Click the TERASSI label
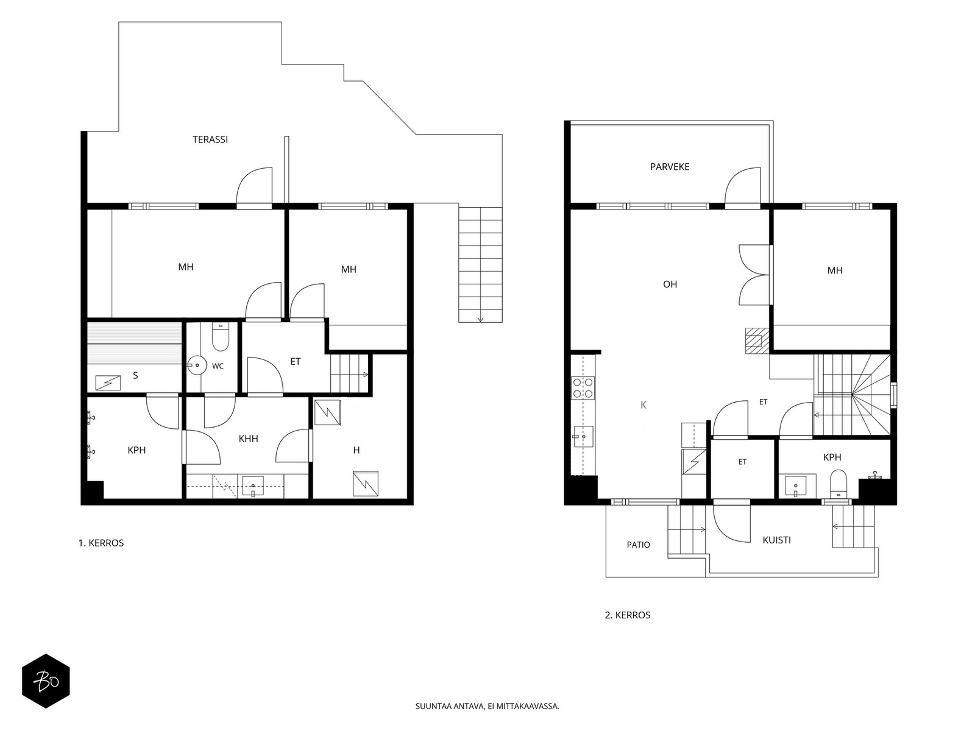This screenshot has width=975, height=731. [x=210, y=139]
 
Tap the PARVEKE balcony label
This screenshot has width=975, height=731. [x=669, y=167]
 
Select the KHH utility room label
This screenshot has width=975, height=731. [x=248, y=439]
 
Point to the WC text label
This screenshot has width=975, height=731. [x=218, y=366]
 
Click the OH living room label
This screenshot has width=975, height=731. [x=670, y=284]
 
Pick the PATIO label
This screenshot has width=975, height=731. [x=638, y=545]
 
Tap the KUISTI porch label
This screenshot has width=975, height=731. [x=776, y=540]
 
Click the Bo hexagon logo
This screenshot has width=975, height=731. [x=46, y=681]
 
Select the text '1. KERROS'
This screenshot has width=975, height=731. [x=101, y=543]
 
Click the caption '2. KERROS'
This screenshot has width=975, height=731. [x=627, y=615]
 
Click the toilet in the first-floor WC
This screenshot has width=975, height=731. [x=221, y=337]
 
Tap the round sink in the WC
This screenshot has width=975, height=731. [x=197, y=365]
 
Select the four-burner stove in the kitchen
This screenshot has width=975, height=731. [x=583, y=388]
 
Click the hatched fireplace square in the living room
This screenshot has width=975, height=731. [x=756, y=341]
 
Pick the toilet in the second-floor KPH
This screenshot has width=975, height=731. [x=838, y=484]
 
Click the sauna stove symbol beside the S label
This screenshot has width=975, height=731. [x=108, y=383]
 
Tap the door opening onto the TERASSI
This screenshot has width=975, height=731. [x=254, y=187]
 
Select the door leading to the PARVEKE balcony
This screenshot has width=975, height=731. [x=743, y=187]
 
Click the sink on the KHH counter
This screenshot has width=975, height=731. [x=253, y=486]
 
